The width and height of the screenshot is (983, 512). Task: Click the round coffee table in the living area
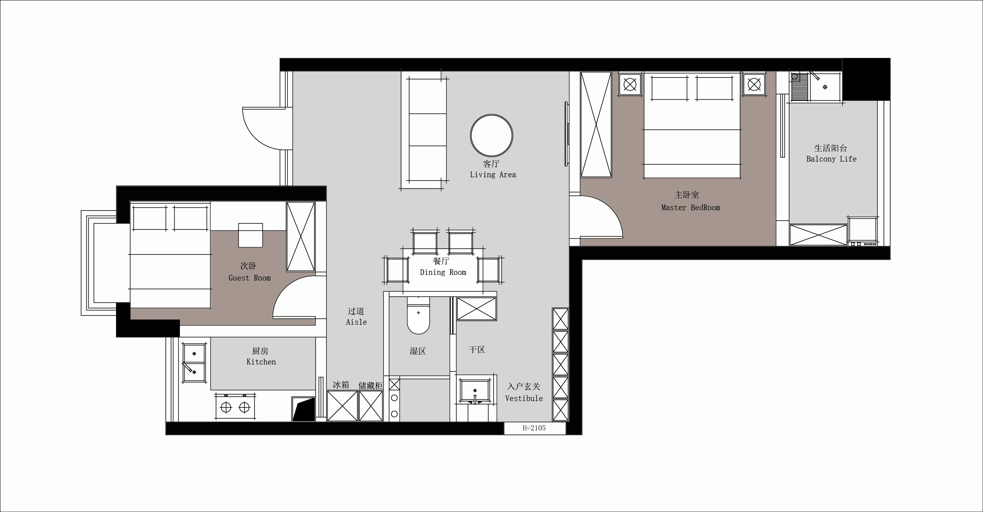tap(491, 135)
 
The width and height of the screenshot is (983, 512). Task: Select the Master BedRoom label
tap(691, 208)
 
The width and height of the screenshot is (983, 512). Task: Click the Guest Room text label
tap(249, 278)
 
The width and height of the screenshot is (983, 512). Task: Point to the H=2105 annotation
tap(534, 428)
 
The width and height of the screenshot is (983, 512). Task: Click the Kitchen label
tap(261, 362)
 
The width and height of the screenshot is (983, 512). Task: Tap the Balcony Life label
tap(831, 159)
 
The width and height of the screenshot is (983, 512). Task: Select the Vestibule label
tap(524, 399)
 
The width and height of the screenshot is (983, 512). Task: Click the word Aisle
tap(356, 322)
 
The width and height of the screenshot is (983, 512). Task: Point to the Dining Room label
tap(443, 272)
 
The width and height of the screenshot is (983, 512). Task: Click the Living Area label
tap(493, 175)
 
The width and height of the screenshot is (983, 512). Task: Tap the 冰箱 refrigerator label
tap(341, 385)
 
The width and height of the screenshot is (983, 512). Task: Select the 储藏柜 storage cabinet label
tap(371, 386)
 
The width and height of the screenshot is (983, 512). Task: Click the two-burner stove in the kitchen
tap(235, 407)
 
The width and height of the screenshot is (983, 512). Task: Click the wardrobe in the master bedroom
tap(596, 125)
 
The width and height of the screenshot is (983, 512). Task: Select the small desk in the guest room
tap(251, 235)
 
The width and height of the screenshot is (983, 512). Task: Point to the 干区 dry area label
tap(477, 350)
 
